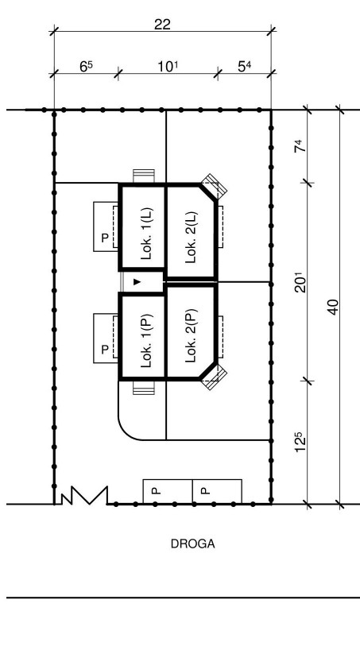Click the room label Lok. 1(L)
(x=147, y=234)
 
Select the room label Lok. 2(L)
(x=192, y=238)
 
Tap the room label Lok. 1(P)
(x=147, y=341)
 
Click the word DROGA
(x=193, y=544)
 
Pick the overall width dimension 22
(x=162, y=25)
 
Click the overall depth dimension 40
(x=334, y=308)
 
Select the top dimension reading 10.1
(x=168, y=66)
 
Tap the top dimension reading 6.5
(x=86, y=66)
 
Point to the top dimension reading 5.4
(x=244, y=66)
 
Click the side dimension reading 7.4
(x=300, y=146)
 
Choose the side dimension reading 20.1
(x=300, y=282)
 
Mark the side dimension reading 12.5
(x=300, y=442)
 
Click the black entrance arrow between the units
(x=137, y=282)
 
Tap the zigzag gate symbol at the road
(x=84, y=495)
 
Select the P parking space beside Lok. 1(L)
(x=106, y=226)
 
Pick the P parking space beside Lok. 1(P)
(x=106, y=339)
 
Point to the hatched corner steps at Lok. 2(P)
(x=214, y=377)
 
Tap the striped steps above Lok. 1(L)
(x=144, y=176)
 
